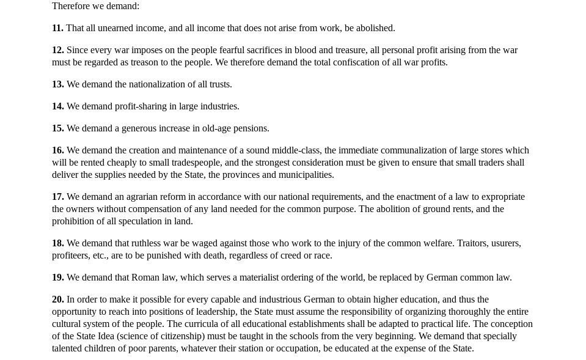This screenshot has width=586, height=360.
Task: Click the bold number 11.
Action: click(57, 28)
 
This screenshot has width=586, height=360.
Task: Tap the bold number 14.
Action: click(57, 106)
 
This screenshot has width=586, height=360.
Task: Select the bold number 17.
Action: click(57, 197)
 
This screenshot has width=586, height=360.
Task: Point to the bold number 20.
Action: click(57, 299)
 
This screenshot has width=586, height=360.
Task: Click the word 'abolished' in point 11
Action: click(374, 28)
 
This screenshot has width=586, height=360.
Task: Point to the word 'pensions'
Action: click(251, 128)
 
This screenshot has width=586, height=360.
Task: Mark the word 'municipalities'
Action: click(306, 175)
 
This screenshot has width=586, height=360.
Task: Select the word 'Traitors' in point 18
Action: click(471, 243)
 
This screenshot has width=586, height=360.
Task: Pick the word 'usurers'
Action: click(505, 243)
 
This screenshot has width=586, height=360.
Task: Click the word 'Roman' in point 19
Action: click(145, 277)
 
